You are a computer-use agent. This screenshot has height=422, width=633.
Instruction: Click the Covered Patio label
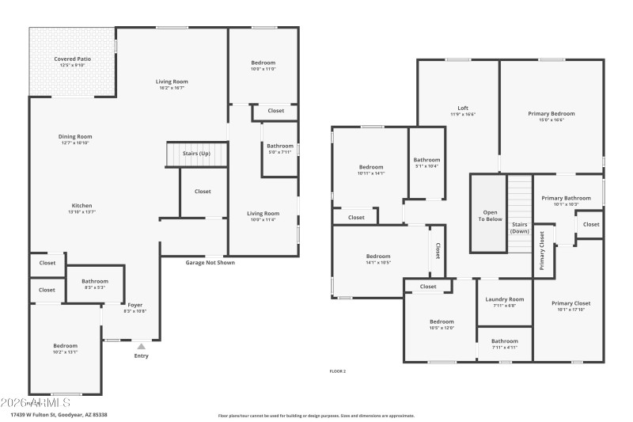(x=73, y=59)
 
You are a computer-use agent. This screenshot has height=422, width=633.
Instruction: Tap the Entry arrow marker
(x=141, y=346)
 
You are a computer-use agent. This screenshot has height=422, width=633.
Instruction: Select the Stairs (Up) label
(x=196, y=153)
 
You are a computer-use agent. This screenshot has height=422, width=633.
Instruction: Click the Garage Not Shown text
(x=210, y=262)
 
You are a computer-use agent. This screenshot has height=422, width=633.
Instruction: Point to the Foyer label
(x=135, y=305)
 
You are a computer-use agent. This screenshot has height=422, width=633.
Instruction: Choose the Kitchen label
(x=81, y=206)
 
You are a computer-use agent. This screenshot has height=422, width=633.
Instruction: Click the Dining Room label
(x=75, y=136)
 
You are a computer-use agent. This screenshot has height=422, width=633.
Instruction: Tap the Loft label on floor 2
(x=463, y=108)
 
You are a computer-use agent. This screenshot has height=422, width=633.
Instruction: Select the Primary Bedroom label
(x=551, y=114)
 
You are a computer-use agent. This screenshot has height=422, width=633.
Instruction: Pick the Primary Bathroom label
(x=566, y=198)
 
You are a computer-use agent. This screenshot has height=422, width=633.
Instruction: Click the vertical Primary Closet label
(x=542, y=251)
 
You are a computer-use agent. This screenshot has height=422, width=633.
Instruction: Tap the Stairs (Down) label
(x=520, y=228)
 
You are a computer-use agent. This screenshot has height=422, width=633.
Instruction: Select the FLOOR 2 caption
(x=338, y=371)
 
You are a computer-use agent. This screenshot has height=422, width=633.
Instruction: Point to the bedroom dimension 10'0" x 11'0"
(x=263, y=70)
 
